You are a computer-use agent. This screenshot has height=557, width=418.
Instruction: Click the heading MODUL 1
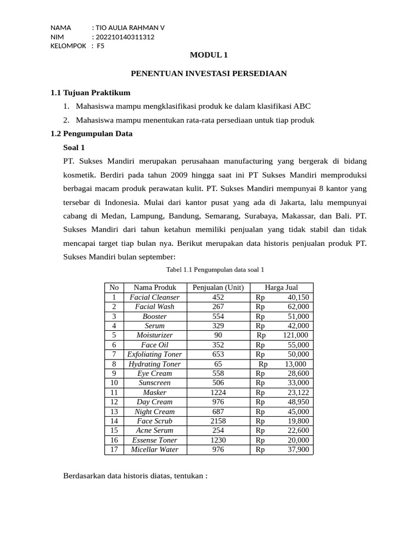coord(209,55)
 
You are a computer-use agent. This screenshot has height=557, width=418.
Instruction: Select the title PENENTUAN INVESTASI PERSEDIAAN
coord(209,73)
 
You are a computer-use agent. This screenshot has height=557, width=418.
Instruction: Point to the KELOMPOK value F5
coord(101,46)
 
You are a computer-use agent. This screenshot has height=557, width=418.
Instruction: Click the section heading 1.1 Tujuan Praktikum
coord(90,92)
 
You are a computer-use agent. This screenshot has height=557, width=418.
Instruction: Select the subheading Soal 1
coord(74,147)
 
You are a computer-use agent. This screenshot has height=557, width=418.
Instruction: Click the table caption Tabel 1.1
coord(215,269)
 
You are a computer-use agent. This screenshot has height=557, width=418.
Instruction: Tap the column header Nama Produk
coord(155,287)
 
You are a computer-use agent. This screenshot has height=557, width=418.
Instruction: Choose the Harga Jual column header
coord(281,287)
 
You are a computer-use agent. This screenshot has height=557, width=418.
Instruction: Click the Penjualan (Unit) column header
coord(218,287)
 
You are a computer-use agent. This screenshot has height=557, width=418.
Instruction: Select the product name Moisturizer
coord(155,335)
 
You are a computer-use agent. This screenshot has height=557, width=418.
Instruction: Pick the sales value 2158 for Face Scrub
coord(218,421)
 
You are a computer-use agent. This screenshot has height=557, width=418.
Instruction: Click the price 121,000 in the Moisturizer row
coord(295,335)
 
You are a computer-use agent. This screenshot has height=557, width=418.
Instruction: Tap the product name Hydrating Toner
coord(155,364)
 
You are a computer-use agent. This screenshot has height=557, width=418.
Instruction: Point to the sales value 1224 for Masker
coord(218,392)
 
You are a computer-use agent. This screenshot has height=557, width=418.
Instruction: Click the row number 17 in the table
coord(114,450)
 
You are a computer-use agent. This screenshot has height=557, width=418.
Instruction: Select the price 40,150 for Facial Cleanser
coord(298,297)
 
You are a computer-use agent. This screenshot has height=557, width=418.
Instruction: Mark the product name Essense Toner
coord(155,440)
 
